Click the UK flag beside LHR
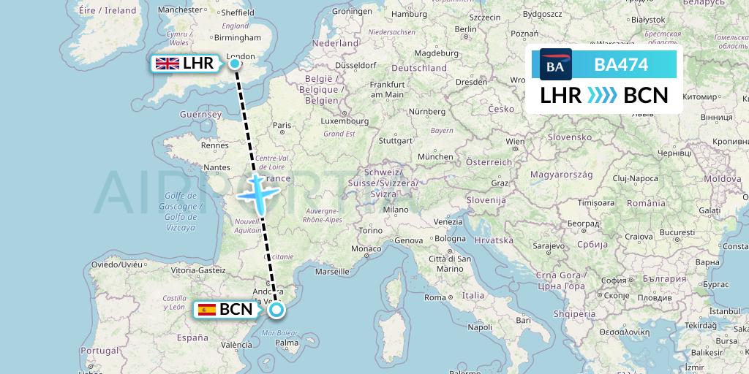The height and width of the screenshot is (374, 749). click(168, 64)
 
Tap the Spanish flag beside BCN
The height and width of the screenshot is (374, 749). click(207, 310)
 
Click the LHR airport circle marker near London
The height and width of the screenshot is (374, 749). click(235, 64)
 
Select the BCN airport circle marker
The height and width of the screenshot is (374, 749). click(276, 310)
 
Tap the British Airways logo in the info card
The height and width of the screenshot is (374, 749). click(555, 64)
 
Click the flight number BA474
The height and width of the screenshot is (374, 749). click(621, 65)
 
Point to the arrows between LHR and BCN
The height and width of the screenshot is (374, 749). click(602, 96)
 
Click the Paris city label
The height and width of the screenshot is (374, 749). click(282, 125)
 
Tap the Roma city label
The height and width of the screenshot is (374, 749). click(435, 297)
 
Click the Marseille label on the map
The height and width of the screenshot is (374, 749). click(333, 271)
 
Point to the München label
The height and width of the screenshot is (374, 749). click(435, 156)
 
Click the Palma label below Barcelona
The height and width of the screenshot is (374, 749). click(287, 341)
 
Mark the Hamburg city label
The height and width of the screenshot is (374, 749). click(409, 14)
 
